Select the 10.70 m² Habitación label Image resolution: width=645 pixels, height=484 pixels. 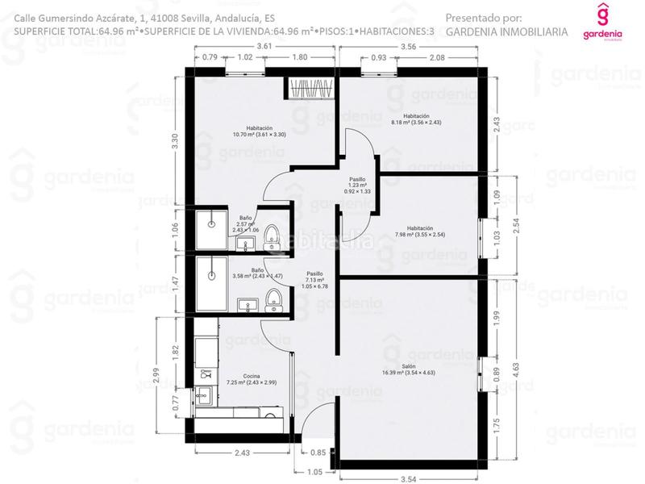point(259,131)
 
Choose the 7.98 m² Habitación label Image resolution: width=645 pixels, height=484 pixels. point(415,232)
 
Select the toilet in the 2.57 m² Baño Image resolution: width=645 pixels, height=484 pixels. point(272,236)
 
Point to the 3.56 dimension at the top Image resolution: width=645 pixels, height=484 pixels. point(407,47)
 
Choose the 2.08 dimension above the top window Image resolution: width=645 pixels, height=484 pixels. point(437,57)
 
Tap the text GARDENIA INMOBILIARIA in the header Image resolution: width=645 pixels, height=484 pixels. point(506,32)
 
